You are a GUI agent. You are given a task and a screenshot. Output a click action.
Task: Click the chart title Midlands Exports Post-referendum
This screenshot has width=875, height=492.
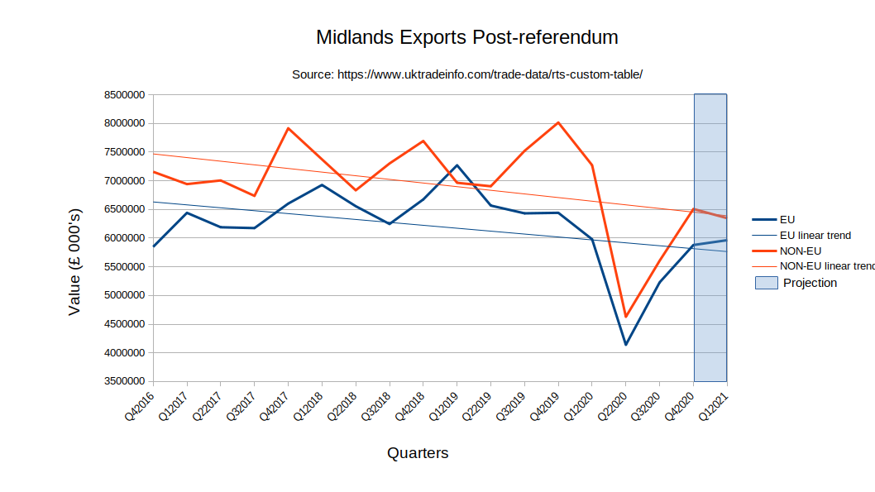pos(467,38)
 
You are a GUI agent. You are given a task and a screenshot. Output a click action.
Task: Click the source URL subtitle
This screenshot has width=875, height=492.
pos(467,74)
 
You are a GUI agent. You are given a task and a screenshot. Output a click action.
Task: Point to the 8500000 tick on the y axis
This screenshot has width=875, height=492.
pos(125,95)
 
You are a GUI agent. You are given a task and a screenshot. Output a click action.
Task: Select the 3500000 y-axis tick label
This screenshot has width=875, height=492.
pos(125,381)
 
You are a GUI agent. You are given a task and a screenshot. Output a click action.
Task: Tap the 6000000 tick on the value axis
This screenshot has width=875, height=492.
pos(125,238)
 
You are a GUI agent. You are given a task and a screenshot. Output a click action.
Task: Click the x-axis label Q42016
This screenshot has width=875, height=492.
pos(141,405)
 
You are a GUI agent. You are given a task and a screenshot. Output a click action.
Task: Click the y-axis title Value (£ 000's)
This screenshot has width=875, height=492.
pos(74,261)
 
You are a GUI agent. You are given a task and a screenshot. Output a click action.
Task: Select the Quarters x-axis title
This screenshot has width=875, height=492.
pos(418,453)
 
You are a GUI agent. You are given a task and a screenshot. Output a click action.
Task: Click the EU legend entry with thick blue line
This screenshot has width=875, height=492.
pos(787,219)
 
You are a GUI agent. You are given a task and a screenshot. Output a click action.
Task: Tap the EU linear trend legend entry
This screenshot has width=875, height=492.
pos(815,235)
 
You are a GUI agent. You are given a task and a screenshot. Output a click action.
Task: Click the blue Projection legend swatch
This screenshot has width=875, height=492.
pos(767,283)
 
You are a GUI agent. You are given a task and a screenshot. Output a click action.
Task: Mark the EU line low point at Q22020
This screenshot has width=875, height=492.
pos(626,345)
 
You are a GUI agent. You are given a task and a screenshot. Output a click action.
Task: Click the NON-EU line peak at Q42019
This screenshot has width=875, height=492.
pos(558,122)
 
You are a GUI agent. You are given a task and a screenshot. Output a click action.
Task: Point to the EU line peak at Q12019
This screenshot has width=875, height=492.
pos(457,165)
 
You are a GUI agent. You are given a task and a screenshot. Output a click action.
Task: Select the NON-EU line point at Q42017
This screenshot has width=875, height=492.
pos(288,128)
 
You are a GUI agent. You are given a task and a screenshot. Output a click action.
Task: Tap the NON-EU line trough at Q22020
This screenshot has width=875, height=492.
pos(626,317)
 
